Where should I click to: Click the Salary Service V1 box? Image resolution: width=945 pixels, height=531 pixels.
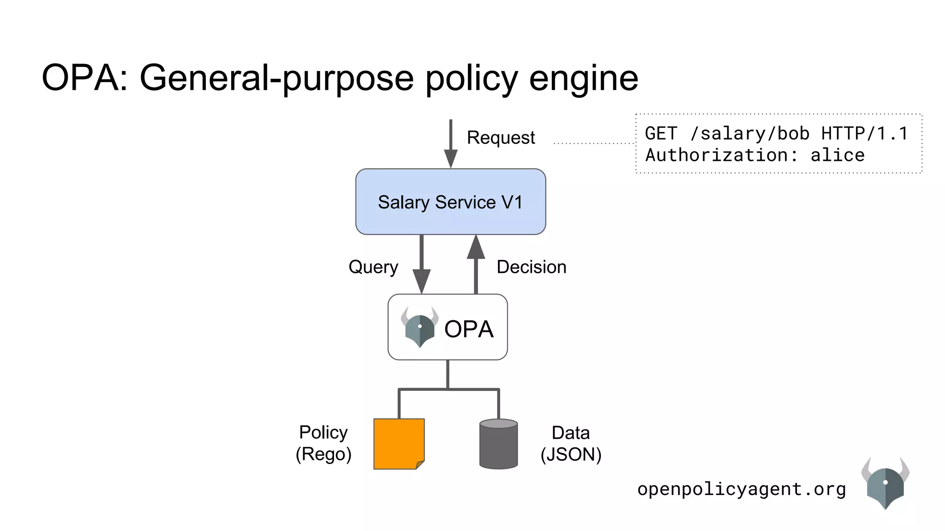pos(450,202)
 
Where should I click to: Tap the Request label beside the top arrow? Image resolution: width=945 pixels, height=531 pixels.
pos(501,137)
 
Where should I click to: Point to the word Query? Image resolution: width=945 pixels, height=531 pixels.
pos(373,267)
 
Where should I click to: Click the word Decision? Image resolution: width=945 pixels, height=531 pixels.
pos(531,267)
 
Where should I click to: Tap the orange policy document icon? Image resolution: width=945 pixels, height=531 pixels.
pos(399,443)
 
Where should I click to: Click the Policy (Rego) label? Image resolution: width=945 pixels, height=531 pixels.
pos(323,443)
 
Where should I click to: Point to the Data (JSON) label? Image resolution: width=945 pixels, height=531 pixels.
pos(571,443)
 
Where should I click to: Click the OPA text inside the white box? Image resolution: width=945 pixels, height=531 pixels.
pos(468,329)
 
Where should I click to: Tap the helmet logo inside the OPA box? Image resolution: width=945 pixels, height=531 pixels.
pos(419,328)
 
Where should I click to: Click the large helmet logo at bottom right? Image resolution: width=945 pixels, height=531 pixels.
pos(885,484)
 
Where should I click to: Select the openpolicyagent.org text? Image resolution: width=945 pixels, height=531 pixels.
pos(742,489)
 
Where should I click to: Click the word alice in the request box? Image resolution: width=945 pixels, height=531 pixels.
pos(837,155)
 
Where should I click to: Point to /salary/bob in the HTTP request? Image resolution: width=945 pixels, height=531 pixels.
pos(750,134)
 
